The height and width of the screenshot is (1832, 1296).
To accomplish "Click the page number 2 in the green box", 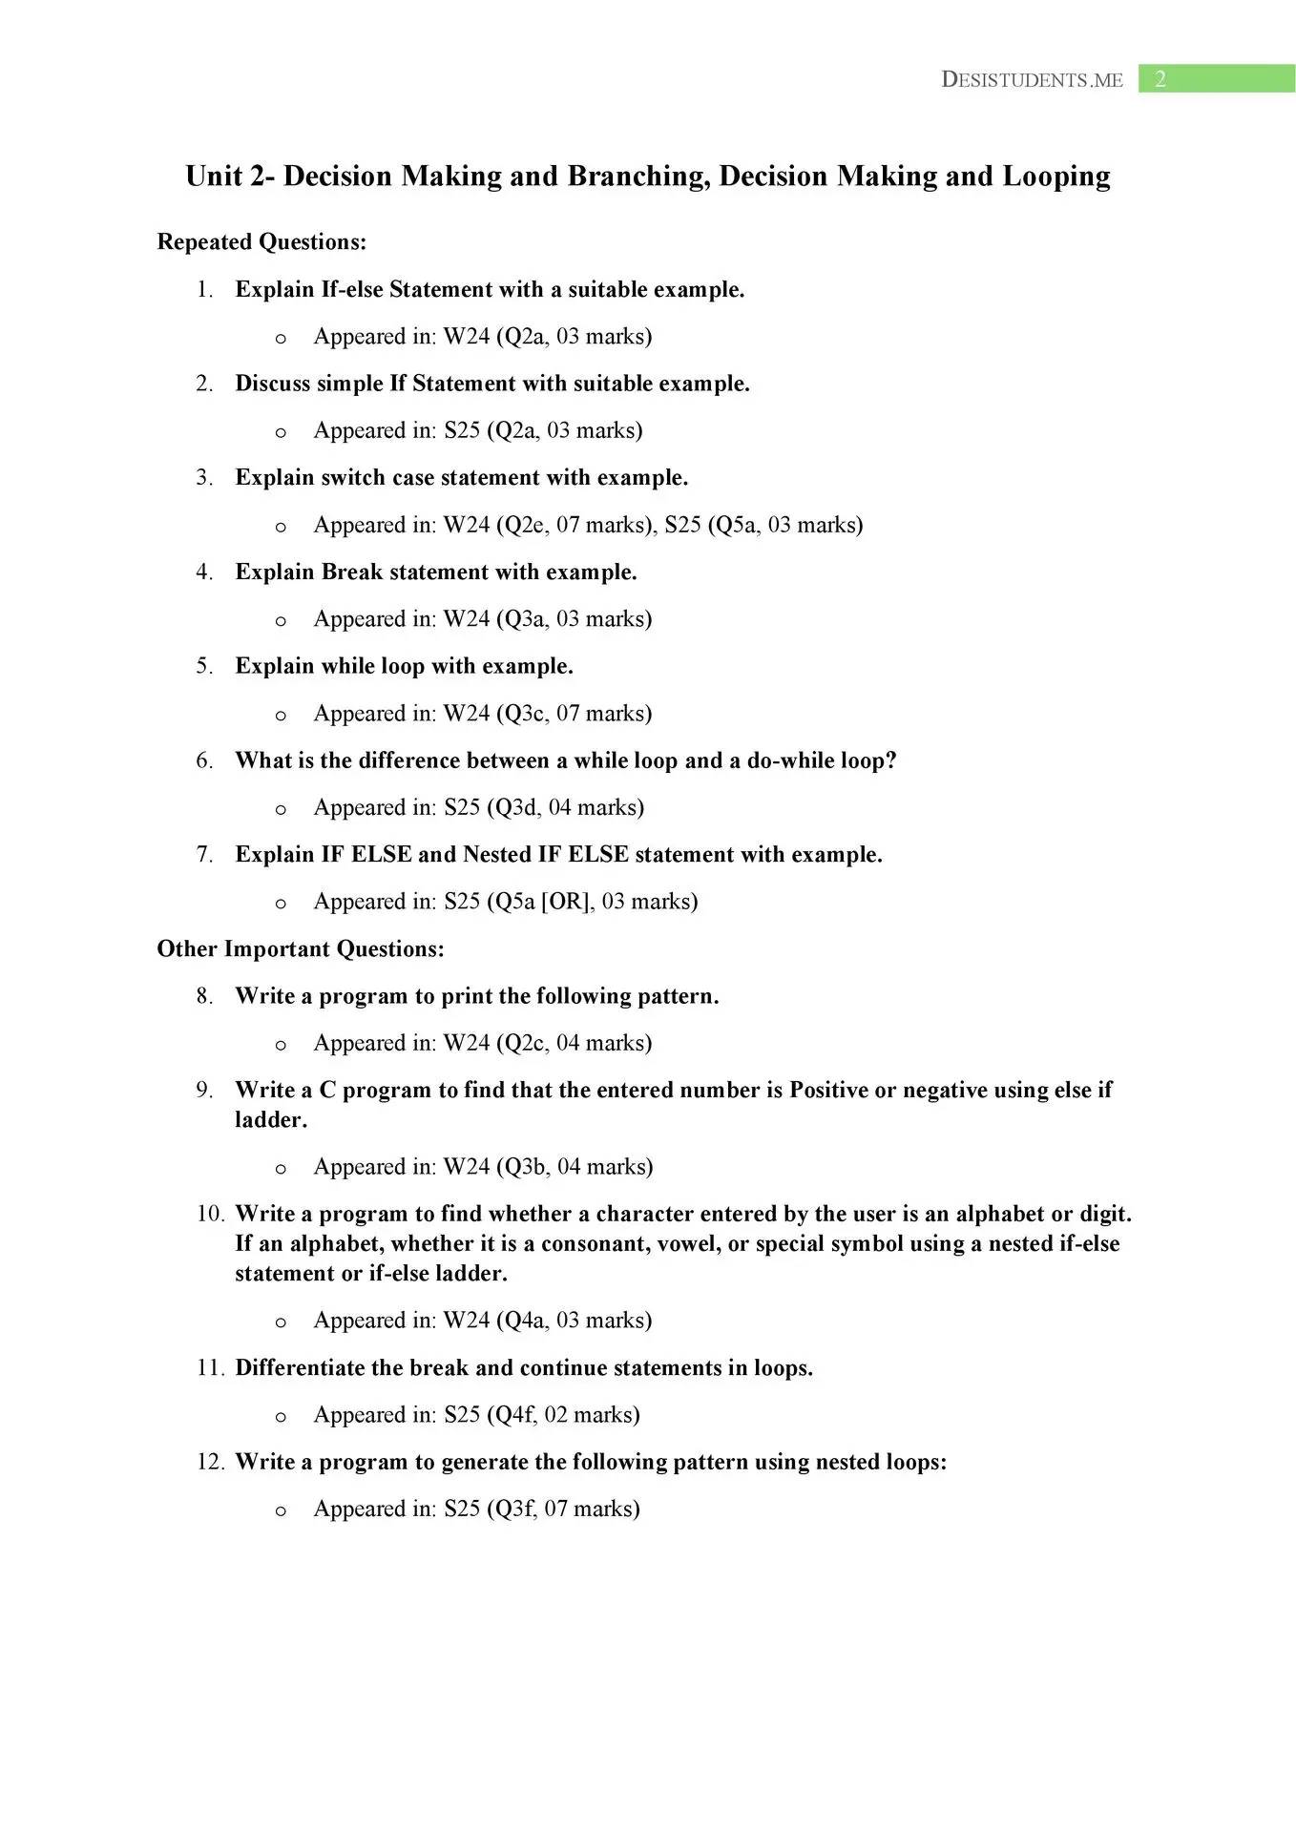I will [x=1160, y=79].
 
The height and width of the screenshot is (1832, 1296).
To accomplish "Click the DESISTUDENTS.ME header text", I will [x=1032, y=80].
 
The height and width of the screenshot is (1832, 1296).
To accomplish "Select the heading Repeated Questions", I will [x=261, y=242].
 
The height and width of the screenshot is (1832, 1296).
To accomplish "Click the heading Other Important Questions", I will [x=301, y=949].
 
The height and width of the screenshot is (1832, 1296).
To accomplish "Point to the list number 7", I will [x=204, y=855].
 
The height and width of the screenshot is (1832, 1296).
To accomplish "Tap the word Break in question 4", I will [x=352, y=572].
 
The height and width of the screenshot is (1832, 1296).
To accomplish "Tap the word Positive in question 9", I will [x=827, y=1091].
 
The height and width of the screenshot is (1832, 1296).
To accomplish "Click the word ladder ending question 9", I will [x=270, y=1120].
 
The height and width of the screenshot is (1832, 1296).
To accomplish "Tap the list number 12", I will [x=210, y=1463].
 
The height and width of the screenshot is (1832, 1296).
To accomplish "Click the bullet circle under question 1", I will [x=281, y=339].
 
